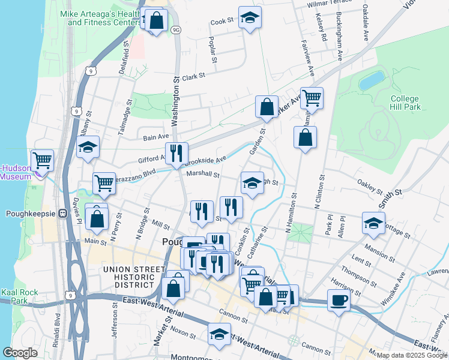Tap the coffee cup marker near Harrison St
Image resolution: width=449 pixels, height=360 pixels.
point(339,299)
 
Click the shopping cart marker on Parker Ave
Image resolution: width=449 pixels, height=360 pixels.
point(312,98)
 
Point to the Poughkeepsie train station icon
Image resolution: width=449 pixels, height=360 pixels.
point(62,213)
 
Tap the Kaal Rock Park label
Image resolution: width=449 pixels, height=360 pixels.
point(19,296)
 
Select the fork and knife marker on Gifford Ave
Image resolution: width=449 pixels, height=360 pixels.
point(176,153)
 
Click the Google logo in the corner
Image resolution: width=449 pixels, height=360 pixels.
point(19,353)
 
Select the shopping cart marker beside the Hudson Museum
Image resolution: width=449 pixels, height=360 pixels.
point(43,160)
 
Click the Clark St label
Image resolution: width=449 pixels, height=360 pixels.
point(194,77)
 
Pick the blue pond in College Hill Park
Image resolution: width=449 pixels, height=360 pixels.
point(372,80)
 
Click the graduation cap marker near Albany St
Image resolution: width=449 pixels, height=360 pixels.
point(88,147)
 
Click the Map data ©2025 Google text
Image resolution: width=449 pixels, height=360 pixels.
point(412,355)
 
